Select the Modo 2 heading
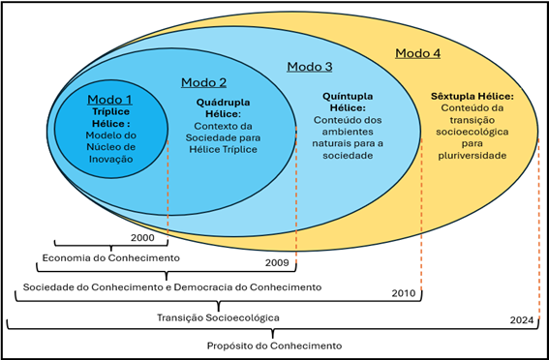point(204,82)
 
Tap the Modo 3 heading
point(310,66)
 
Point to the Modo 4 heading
point(417,52)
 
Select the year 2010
point(404,292)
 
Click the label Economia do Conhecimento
point(109,257)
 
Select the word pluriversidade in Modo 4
point(472,154)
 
